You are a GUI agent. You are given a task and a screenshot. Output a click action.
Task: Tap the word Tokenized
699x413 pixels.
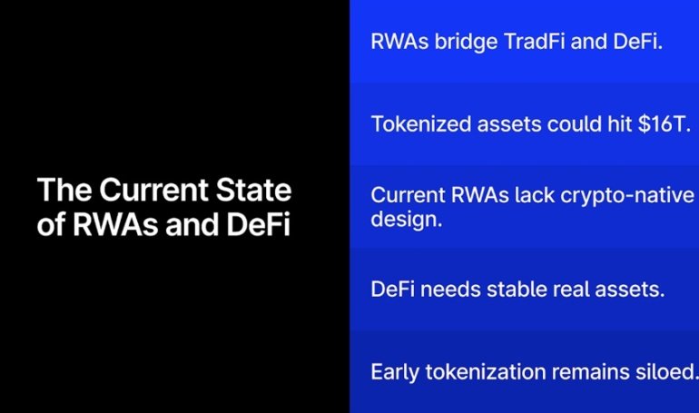(x=418, y=124)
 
